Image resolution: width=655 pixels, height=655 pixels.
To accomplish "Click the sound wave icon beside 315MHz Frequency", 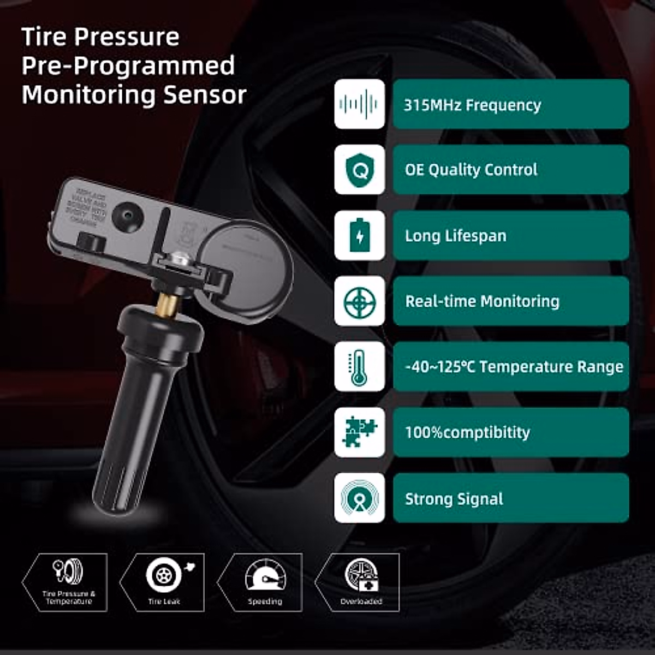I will [359, 104].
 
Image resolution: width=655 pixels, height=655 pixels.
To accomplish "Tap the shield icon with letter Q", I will [359, 170].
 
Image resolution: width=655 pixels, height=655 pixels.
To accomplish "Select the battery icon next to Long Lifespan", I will [359, 235].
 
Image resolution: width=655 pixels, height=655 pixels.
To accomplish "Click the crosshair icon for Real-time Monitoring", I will [359, 301].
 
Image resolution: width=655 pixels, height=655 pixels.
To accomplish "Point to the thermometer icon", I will [359, 367].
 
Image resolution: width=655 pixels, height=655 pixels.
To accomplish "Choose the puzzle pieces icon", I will [359, 432].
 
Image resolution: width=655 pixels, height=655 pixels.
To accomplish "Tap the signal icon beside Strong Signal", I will [359, 498].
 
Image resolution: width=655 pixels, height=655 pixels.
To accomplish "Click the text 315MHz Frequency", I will [472, 105].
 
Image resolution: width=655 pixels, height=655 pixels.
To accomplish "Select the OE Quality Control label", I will [471, 170].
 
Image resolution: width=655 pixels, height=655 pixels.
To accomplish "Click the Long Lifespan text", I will [455, 236].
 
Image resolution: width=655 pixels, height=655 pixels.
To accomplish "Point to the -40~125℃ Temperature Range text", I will [514, 367].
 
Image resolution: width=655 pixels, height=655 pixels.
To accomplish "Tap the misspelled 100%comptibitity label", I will [467, 432].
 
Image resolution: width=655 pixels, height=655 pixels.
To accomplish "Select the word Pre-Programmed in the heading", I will [128, 65].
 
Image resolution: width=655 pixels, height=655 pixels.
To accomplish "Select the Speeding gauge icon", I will [265, 576].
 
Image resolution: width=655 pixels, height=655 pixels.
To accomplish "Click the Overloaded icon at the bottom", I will [361, 576].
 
